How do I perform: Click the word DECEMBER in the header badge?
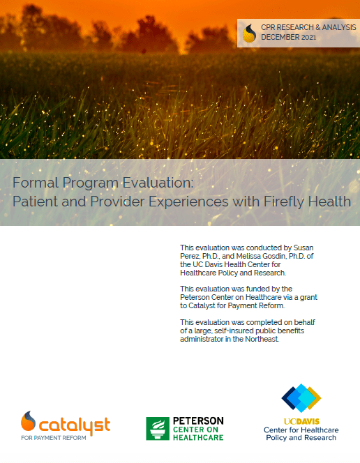click(279, 37)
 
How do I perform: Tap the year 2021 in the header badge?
click(308, 37)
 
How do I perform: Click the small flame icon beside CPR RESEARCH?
click(249, 33)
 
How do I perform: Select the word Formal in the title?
click(36, 183)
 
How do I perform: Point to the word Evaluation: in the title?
click(158, 183)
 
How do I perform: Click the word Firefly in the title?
click(284, 202)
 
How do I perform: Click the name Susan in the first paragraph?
click(303, 248)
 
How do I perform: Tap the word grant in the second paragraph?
click(308, 297)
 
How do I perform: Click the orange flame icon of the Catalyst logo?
click(28, 420)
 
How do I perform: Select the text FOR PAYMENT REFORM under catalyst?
click(54, 438)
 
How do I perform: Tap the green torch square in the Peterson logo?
click(158, 428)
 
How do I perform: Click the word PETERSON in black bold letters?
click(198, 420)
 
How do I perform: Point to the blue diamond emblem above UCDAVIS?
click(301, 398)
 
